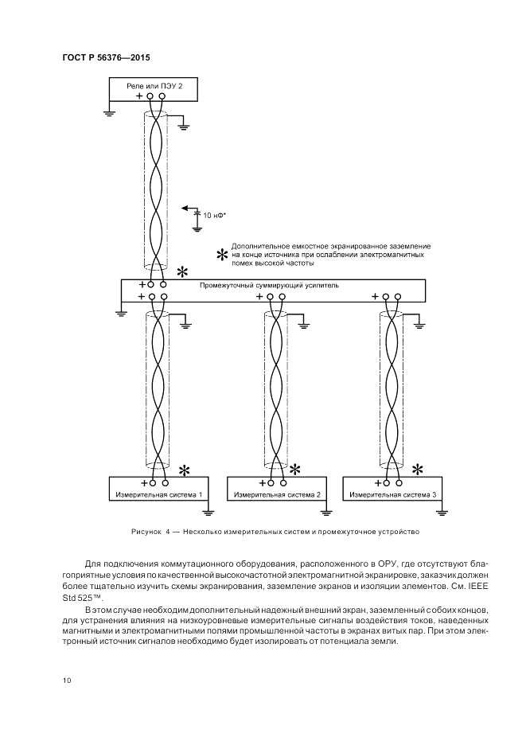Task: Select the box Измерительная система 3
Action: tap(393, 494)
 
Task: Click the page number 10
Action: tap(66, 680)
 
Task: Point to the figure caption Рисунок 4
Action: tap(148, 531)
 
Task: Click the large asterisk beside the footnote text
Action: tap(222, 255)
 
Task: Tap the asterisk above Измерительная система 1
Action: tap(184, 470)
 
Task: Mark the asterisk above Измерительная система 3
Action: tap(416, 470)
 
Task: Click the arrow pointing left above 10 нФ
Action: tap(189, 208)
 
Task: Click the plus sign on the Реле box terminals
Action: tap(140, 96)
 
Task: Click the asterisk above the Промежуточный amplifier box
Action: tap(184, 271)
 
